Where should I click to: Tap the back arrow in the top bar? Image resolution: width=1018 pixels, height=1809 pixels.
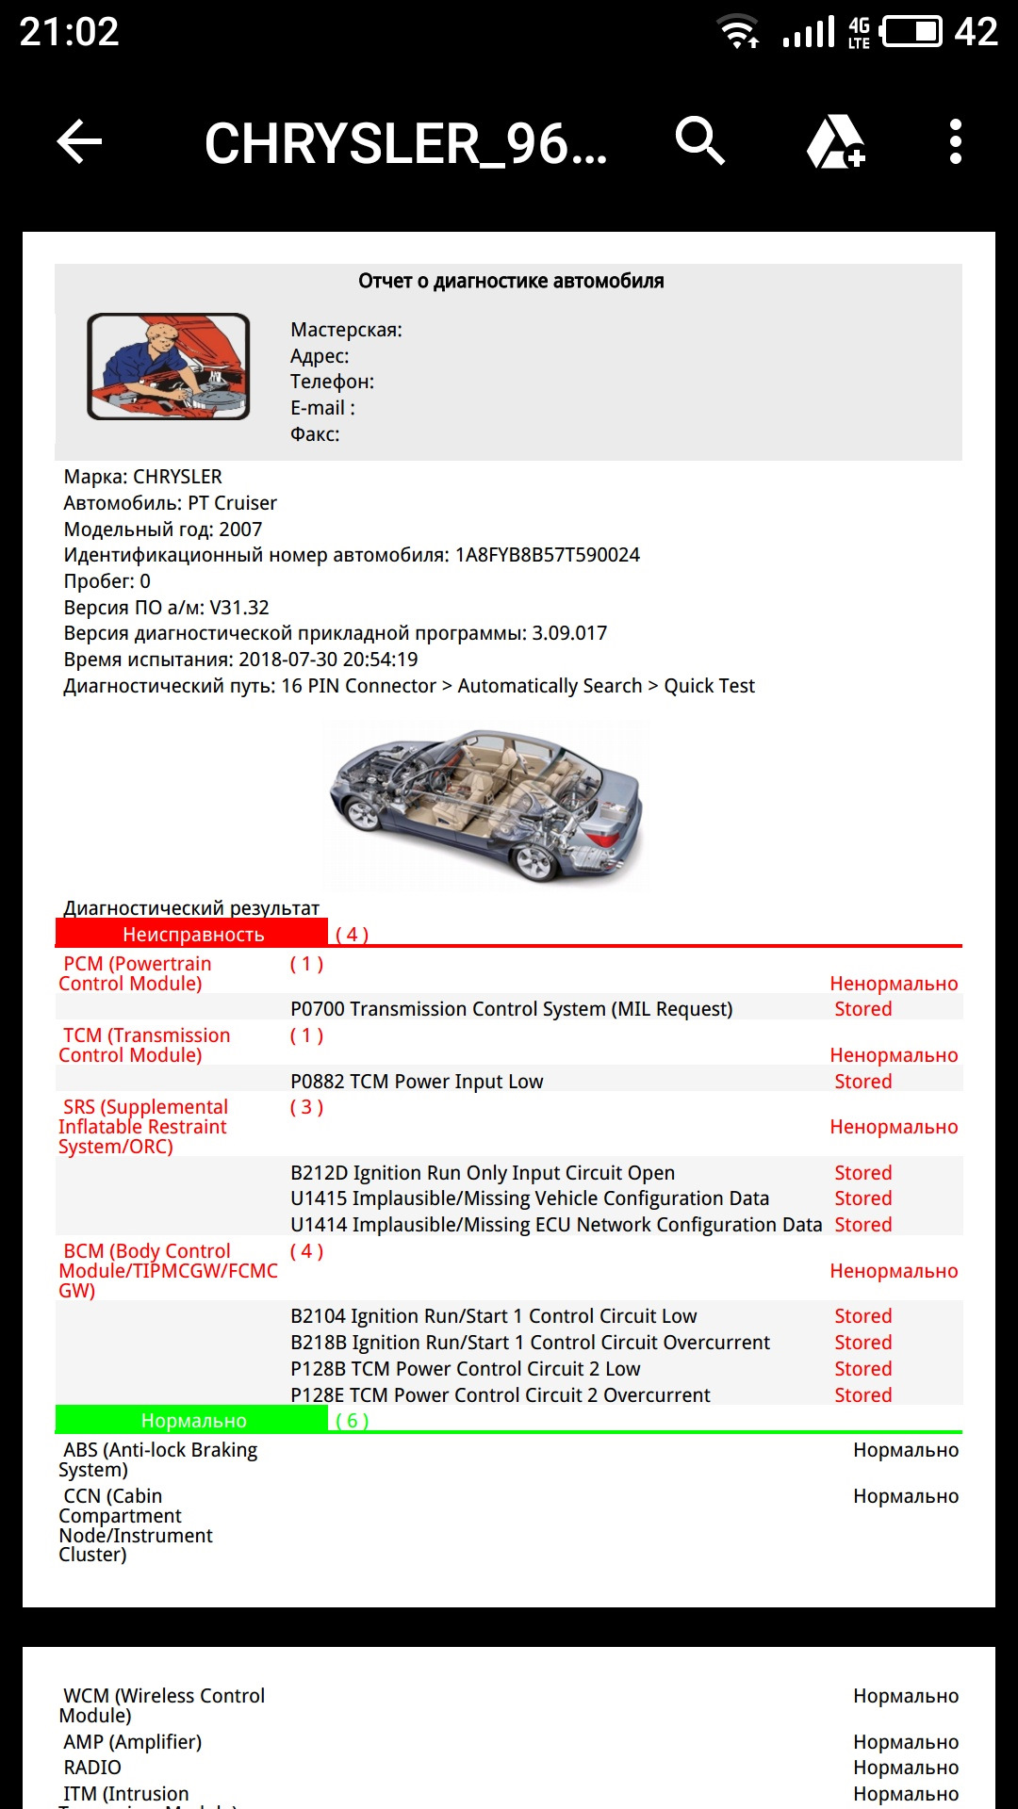pos(80,142)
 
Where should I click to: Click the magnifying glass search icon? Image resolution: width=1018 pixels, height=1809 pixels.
pos(699,142)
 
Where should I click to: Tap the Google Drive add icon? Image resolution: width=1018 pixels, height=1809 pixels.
pos(836,142)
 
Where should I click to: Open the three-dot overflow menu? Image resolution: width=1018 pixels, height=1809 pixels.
pos(955,142)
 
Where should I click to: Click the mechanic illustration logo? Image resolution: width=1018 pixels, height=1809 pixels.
pos(169,367)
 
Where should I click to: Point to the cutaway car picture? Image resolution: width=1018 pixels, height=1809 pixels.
pos(485,806)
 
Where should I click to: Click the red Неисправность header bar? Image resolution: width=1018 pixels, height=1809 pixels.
pos(192,934)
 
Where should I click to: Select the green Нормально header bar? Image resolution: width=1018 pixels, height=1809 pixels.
pos(192,1420)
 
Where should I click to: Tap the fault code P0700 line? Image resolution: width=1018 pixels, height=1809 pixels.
pos(511,1009)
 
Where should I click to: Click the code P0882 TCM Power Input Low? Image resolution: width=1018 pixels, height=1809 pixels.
pos(417,1082)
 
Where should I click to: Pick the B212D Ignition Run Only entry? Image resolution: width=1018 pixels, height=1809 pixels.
pos(483,1173)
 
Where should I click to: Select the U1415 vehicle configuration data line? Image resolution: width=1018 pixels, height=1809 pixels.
pos(530,1198)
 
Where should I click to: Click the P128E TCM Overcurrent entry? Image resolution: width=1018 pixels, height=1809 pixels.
pos(501,1395)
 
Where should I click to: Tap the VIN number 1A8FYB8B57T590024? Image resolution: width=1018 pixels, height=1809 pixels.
pos(547,555)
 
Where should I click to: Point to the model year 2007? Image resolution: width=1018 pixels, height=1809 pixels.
pos(240,530)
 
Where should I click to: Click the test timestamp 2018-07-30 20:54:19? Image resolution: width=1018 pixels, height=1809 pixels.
pos(328,660)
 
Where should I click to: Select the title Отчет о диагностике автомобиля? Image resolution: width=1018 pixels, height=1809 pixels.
pos(511,281)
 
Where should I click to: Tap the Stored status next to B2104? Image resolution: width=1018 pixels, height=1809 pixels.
pos(862,1316)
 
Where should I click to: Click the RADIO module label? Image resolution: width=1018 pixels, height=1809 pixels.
pos(92,1768)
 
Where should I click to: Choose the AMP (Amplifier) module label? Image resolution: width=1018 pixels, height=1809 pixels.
pos(132,1742)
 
